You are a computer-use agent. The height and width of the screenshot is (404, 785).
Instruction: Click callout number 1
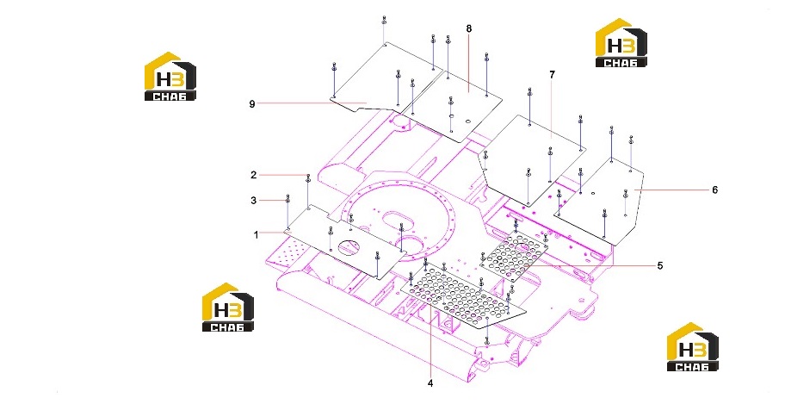click(257, 234)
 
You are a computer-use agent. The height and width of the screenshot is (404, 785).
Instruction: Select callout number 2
click(254, 175)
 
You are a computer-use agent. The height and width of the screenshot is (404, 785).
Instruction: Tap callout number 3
click(254, 201)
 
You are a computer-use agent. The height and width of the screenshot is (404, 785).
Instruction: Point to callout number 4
click(430, 383)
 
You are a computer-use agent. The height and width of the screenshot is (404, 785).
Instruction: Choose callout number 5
click(660, 265)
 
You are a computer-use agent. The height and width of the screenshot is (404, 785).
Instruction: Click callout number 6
click(715, 190)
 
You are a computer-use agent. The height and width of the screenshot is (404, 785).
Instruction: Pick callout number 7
click(553, 75)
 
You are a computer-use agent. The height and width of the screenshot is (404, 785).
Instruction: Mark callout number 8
click(469, 28)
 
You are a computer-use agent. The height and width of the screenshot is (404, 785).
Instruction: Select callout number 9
click(252, 103)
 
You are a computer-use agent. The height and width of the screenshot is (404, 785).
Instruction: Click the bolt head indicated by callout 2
click(308, 177)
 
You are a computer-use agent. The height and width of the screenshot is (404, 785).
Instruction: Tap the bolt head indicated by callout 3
click(287, 198)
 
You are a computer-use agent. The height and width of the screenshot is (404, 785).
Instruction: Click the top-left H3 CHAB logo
click(170, 76)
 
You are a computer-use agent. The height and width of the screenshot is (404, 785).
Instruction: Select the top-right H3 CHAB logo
click(621, 42)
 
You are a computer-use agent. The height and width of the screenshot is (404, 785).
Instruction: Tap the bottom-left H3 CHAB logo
click(228, 307)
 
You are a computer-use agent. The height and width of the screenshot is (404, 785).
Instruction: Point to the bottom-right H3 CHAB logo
click(692, 347)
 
